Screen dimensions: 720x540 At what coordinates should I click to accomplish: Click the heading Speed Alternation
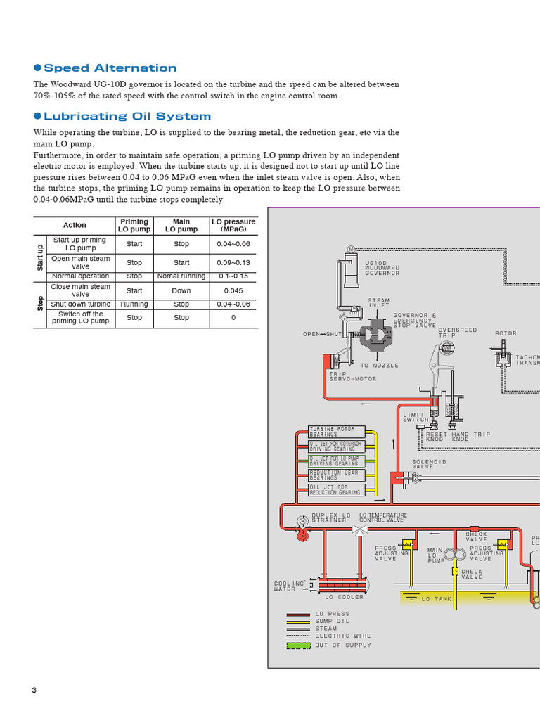(x=110, y=68)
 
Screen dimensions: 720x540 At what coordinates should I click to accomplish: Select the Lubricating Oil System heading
(x=127, y=117)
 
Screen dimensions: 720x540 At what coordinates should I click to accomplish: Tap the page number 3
(x=34, y=690)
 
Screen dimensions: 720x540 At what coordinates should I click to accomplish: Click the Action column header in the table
(x=75, y=225)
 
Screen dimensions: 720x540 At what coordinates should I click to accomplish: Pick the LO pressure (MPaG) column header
(x=233, y=225)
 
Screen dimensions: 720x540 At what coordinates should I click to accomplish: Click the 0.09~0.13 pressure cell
(x=233, y=262)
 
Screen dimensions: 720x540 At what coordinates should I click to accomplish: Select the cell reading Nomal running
(x=181, y=276)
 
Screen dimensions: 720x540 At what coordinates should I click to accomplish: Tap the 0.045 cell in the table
(x=233, y=290)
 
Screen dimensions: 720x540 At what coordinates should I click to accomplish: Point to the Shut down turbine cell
(x=80, y=304)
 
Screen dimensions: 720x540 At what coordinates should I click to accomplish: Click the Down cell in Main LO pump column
(x=181, y=290)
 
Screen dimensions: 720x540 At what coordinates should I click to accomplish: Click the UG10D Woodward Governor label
(x=382, y=268)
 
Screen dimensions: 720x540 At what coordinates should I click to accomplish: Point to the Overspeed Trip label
(x=457, y=332)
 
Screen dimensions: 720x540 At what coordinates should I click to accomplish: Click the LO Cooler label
(x=344, y=597)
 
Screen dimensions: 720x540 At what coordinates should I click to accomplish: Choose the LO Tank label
(x=436, y=598)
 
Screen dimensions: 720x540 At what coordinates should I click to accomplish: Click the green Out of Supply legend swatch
(x=298, y=645)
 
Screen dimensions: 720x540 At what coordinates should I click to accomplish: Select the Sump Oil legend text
(x=333, y=622)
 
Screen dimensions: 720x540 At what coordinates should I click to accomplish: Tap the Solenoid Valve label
(x=429, y=464)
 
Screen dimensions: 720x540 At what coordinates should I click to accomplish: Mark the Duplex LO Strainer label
(x=330, y=517)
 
